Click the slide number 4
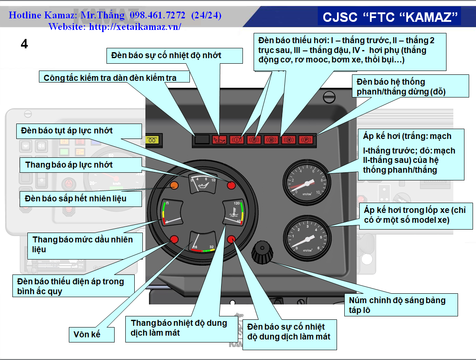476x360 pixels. point(24,44)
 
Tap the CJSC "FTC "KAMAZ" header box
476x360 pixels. point(390,17)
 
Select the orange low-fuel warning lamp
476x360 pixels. point(174,185)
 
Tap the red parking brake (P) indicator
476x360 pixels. point(305,140)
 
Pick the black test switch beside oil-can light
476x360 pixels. point(202,139)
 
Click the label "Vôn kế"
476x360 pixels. point(91,334)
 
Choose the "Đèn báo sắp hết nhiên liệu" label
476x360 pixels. point(76,198)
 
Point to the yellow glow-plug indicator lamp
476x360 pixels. point(152,140)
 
